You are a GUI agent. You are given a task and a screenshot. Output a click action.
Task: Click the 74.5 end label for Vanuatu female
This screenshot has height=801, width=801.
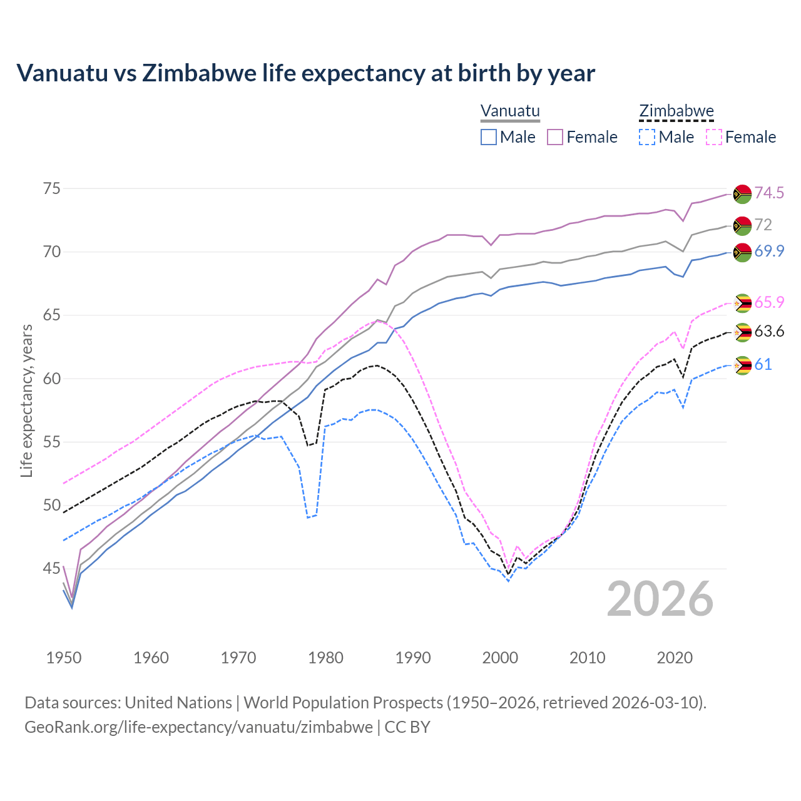point(769,193)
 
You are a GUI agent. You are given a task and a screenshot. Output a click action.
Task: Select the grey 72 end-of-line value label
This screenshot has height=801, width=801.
point(763,225)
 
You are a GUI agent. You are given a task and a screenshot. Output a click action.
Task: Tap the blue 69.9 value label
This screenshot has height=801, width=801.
point(769,251)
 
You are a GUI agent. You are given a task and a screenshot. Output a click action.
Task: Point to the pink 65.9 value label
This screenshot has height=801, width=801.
point(769,302)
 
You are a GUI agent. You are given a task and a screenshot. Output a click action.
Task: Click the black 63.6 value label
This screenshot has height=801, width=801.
point(769,331)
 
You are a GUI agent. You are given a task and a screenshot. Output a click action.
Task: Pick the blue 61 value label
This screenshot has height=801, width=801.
point(763,364)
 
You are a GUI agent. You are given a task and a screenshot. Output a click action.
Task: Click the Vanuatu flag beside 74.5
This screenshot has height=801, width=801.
point(742,194)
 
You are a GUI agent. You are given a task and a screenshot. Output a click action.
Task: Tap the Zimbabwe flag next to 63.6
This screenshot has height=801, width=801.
point(742,332)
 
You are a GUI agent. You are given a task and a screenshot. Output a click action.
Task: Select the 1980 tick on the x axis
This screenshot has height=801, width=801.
point(326,658)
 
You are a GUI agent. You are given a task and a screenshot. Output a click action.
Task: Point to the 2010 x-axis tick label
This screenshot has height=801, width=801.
point(587,658)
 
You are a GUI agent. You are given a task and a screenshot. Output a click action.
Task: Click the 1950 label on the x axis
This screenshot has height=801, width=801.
point(64,658)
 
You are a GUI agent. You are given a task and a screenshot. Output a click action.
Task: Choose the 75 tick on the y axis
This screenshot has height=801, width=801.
point(52,188)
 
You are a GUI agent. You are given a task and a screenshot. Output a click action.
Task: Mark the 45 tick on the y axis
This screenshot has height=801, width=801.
point(52,568)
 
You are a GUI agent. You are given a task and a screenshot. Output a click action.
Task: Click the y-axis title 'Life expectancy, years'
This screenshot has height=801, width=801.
point(26,400)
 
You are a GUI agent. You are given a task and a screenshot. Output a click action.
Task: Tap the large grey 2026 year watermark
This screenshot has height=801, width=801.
point(660,599)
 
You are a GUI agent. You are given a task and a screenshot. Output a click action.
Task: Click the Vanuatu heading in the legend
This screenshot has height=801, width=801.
point(510,111)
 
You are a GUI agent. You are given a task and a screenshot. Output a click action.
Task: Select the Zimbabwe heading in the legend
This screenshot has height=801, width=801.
point(676,111)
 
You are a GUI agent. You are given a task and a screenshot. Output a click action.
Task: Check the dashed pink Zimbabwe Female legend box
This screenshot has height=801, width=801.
point(714,137)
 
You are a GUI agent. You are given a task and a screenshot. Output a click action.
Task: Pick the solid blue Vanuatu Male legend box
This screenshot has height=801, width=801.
point(489,137)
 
